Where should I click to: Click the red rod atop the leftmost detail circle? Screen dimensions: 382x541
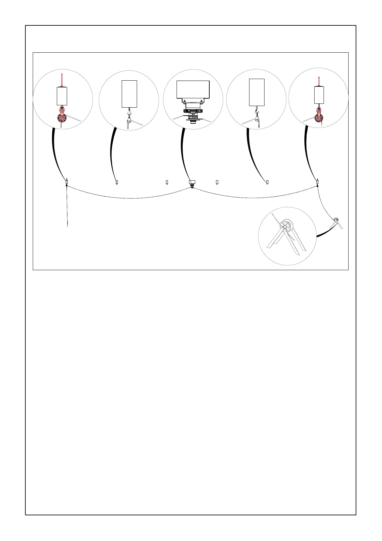[x=62, y=80]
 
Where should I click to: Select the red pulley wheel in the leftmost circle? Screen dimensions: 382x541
[x=62, y=118]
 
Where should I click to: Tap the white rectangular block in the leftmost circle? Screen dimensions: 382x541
[x=62, y=96]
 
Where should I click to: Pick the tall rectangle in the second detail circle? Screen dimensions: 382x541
[x=129, y=94]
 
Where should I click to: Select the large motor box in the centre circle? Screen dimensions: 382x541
[x=193, y=90]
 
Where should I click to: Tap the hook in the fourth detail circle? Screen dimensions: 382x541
[x=257, y=112]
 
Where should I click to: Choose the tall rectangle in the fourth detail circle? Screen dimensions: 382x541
[x=257, y=92]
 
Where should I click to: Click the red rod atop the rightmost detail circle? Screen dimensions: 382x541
[x=319, y=82]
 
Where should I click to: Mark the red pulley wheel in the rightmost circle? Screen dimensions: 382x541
[x=319, y=119]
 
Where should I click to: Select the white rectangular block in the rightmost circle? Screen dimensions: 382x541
[x=319, y=95]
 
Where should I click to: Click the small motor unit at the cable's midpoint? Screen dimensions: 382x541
[x=192, y=182]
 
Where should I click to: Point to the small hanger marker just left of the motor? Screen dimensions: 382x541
[x=167, y=182]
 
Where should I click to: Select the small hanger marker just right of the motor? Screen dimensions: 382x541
[x=217, y=182]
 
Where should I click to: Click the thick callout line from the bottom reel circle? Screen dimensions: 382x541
[x=324, y=233]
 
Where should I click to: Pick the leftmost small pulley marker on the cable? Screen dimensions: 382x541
[x=66, y=182]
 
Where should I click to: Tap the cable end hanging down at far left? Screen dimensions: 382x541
[x=67, y=218]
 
